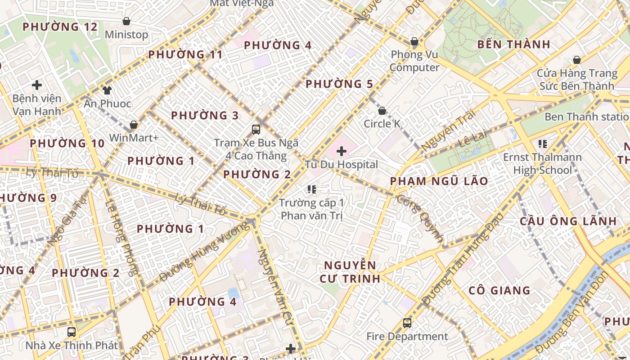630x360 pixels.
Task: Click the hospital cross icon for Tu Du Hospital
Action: click(342, 151)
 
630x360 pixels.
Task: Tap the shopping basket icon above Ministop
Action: click(126, 21)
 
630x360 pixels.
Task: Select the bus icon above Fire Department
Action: click(407, 323)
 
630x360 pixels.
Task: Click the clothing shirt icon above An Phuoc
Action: click(107, 90)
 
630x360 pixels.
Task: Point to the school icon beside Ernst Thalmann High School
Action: click(542, 144)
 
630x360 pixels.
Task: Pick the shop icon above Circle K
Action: click(382, 111)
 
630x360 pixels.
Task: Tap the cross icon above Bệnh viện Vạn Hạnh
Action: click(37, 85)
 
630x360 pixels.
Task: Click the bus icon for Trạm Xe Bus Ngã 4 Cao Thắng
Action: click(256, 130)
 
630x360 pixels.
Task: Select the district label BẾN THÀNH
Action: click(513, 45)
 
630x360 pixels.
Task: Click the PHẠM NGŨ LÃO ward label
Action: click(439, 181)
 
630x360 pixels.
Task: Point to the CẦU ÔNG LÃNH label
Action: click(568, 221)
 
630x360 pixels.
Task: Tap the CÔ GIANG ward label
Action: click(499, 291)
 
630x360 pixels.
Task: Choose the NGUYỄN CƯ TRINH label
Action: click(350, 272)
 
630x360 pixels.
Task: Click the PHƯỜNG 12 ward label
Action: click(60, 27)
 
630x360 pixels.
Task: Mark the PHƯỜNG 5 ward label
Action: click(339, 84)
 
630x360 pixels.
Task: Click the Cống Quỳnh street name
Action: click(420, 219)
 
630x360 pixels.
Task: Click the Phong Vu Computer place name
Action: click(414, 61)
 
